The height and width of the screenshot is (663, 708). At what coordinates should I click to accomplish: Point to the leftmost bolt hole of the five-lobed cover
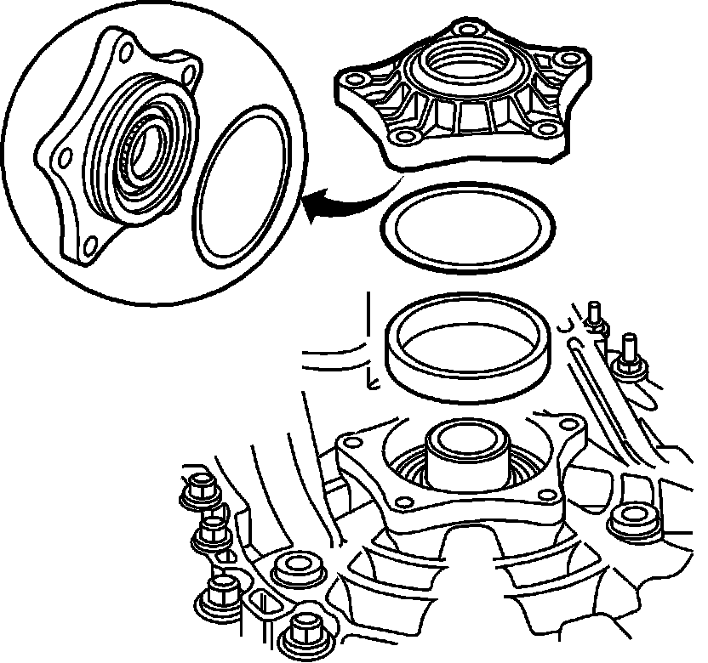point(348,81)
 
